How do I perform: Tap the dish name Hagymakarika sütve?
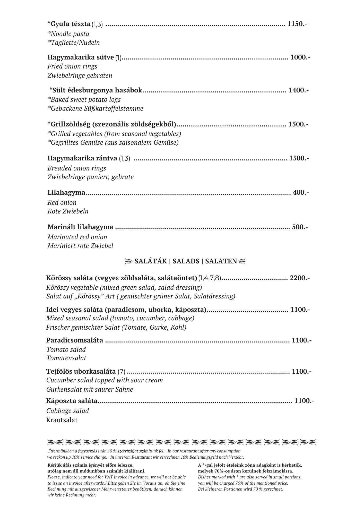point(81,57)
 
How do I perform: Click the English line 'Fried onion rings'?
point(72,66)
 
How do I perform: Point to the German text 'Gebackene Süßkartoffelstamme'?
point(96,108)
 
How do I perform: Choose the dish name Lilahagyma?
point(66,192)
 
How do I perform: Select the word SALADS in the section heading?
point(186,261)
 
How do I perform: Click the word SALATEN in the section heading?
point(221,261)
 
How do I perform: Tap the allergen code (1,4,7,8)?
point(210,278)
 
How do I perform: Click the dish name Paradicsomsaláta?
point(75,340)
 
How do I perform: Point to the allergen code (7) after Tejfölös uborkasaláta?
point(121,372)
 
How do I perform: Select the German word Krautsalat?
point(62,420)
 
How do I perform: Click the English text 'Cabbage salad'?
point(67,411)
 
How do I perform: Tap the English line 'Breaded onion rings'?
point(77,168)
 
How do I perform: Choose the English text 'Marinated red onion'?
point(77,237)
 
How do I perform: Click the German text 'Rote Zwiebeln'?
point(68,211)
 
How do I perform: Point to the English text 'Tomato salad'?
point(66,349)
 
